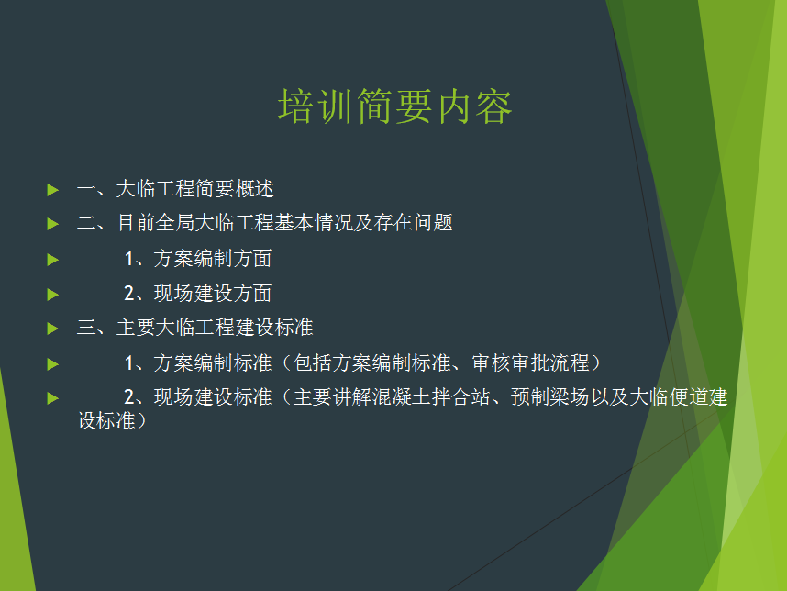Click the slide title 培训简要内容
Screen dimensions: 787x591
click(x=395, y=106)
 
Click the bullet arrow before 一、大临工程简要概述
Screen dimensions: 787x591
click(x=52, y=190)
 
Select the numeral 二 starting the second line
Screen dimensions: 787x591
click(x=86, y=223)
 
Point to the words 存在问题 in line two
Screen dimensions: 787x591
click(x=413, y=222)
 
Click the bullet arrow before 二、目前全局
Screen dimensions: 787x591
click(x=52, y=224)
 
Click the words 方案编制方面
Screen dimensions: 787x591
click(x=213, y=259)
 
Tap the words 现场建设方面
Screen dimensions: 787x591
click(x=213, y=294)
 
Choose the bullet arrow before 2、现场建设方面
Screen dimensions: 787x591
click(x=52, y=295)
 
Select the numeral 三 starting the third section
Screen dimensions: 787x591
click(x=86, y=328)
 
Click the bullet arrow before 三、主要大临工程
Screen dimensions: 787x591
click(x=52, y=329)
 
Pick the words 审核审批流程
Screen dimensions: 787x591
click(x=530, y=362)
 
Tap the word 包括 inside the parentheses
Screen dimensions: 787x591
click(x=313, y=362)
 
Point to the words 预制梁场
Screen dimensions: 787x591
click(x=550, y=396)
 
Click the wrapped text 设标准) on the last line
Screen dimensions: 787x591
click(x=111, y=421)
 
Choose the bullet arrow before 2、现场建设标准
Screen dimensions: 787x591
click(x=52, y=398)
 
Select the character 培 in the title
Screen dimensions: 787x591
click(x=296, y=106)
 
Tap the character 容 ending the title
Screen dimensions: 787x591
click(x=493, y=106)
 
